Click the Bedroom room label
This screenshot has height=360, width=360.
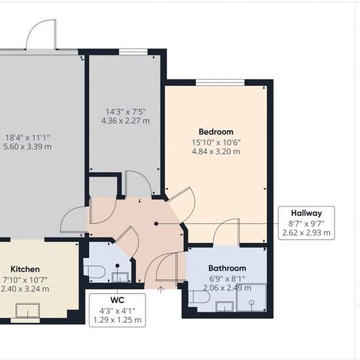(216, 132)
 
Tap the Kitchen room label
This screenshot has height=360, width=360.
(25, 269)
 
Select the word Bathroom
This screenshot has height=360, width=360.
(227, 268)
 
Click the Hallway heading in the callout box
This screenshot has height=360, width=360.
(306, 213)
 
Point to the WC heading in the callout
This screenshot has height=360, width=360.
(117, 300)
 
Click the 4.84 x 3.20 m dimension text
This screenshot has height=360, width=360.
(216, 152)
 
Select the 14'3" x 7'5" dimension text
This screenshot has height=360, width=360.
(126, 112)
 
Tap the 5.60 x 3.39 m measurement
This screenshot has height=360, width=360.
(27, 147)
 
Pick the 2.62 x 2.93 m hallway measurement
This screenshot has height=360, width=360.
(306, 233)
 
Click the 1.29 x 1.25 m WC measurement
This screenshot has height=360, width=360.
(117, 320)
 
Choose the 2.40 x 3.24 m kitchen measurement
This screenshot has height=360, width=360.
(25, 289)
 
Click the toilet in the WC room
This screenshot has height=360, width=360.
(94, 272)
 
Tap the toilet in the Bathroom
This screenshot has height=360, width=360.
(199, 297)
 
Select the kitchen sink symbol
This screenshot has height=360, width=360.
(27, 310)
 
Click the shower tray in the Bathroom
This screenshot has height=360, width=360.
(251, 298)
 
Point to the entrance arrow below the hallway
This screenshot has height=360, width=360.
(161, 290)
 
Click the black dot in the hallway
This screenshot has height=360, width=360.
(156, 224)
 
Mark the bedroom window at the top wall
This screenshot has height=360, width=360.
(220, 82)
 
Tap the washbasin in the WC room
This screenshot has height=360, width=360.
(120, 277)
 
